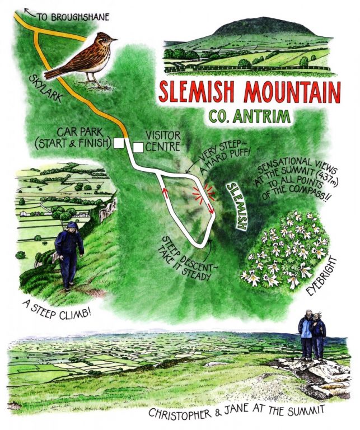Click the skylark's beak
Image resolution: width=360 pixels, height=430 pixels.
pyautogui.click(x=114, y=40)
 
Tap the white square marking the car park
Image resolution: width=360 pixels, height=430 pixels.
pyautogui.click(x=118, y=143)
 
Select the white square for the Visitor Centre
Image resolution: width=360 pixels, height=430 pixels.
pyautogui.click(x=138, y=147)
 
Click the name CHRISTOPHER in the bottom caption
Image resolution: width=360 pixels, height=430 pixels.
pyautogui.click(x=181, y=414)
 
